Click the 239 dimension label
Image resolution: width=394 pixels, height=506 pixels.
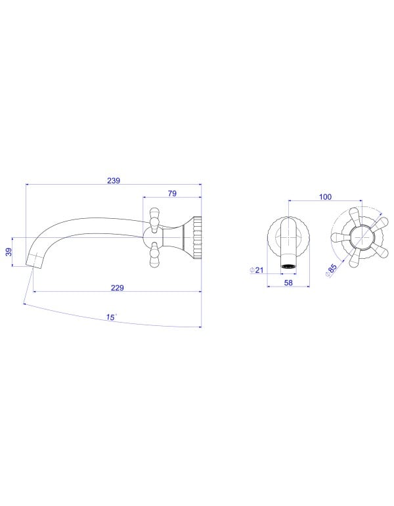(114, 181)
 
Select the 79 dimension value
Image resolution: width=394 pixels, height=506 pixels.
(172, 193)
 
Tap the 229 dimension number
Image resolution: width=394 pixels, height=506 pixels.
(118, 288)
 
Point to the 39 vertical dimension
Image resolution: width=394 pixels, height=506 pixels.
(9, 252)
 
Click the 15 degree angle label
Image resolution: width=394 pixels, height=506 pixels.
(111, 317)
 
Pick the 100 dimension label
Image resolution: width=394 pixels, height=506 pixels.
(325, 196)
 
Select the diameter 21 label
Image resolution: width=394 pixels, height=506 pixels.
(257, 270)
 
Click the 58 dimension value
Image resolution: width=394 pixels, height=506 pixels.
(288, 283)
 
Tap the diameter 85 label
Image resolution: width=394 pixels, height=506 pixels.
(331, 270)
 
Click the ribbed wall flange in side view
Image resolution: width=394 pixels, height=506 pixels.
(197, 237)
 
